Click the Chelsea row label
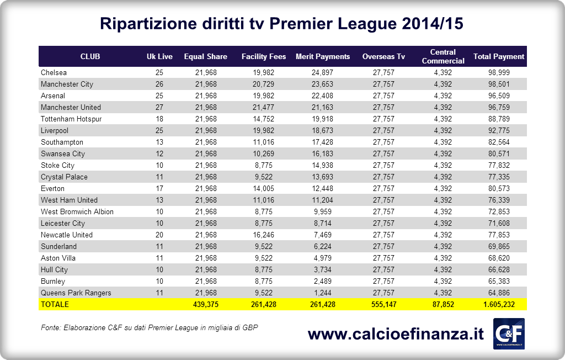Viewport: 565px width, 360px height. pos(54,73)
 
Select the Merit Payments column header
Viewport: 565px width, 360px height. pos(323,56)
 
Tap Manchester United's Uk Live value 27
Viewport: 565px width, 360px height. pos(159,107)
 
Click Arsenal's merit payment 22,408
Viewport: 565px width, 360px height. pos(323,96)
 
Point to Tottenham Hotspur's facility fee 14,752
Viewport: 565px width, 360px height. pos(263,119)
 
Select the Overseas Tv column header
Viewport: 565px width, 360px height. pos(383,56)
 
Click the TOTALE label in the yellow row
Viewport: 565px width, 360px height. pos(54,304)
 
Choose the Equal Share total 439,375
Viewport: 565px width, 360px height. pos(206,304)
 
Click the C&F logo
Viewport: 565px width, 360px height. pos(508,333)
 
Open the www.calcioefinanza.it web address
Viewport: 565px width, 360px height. pos(396,334)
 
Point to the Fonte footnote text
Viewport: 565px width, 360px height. pos(150,327)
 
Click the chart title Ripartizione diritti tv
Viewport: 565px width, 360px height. pos(281,24)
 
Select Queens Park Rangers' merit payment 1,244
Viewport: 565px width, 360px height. pos(323,293)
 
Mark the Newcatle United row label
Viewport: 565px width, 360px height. pos(67,235)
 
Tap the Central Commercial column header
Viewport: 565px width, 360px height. pos(443,56)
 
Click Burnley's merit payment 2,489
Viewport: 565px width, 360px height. pos(323,281)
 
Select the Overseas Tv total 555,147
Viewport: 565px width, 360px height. pos(383,304)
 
